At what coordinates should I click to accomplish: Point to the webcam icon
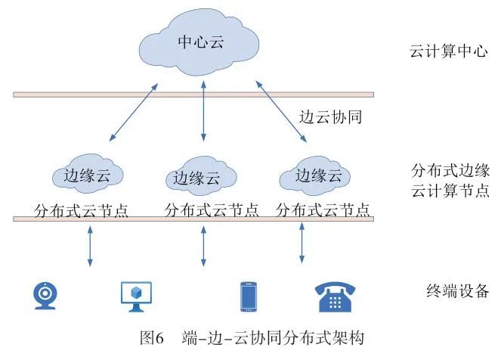click(45, 296)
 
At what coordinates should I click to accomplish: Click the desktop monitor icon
click(137, 296)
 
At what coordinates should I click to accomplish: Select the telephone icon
click(336, 296)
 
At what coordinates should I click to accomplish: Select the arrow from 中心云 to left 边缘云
click(135, 113)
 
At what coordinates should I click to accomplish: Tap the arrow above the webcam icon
click(90, 246)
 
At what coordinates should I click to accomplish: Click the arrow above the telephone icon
click(302, 243)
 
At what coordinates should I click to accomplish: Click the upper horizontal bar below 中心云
click(193, 95)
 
